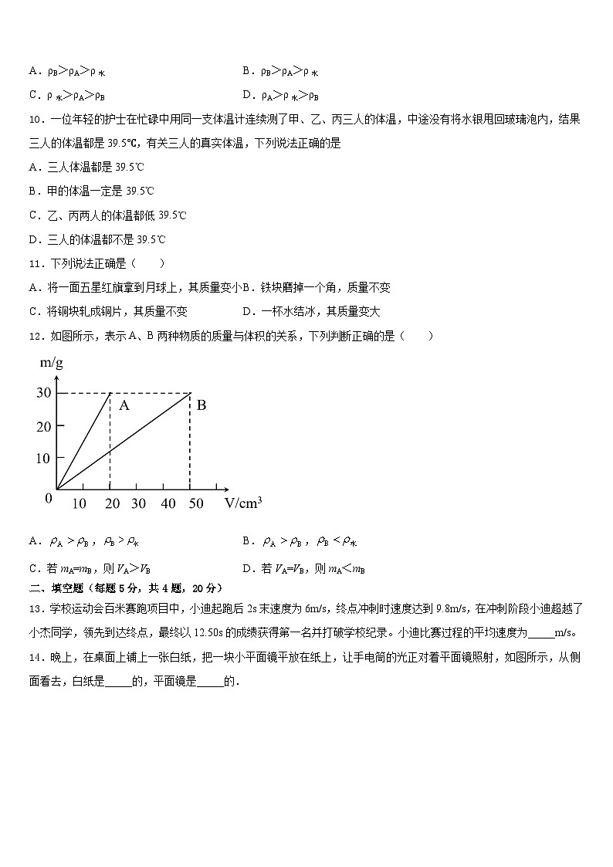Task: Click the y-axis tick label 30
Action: coord(43,393)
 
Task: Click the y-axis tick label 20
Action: coord(43,426)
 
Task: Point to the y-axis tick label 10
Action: coord(43,458)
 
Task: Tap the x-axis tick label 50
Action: coord(195,503)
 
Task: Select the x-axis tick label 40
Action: coord(168,503)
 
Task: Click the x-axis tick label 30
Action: coord(139,503)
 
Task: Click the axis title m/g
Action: coord(50,364)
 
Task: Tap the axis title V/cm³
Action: coord(243,503)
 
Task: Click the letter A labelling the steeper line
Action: coord(124,405)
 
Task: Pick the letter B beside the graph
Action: coord(202,405)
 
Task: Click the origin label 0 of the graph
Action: coord(49,498)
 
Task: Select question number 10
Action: coord(35,119)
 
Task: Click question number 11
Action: coord(35,263)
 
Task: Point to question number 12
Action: coord(35,336)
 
